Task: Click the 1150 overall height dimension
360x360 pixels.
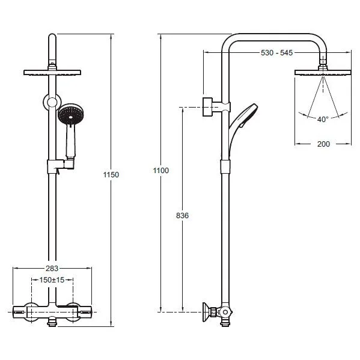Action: (111, 175)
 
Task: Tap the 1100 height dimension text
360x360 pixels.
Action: (160, 170)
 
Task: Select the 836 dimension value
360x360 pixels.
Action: (182, 216)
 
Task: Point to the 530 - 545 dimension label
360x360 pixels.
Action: (276, 52)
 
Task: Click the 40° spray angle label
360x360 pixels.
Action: (323, 120)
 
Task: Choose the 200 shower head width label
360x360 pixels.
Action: (323, 144)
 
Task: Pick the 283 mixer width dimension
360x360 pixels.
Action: (52, 269)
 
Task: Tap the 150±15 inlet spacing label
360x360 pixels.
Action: (52, 280)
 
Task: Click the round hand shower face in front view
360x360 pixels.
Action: (71, 114)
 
